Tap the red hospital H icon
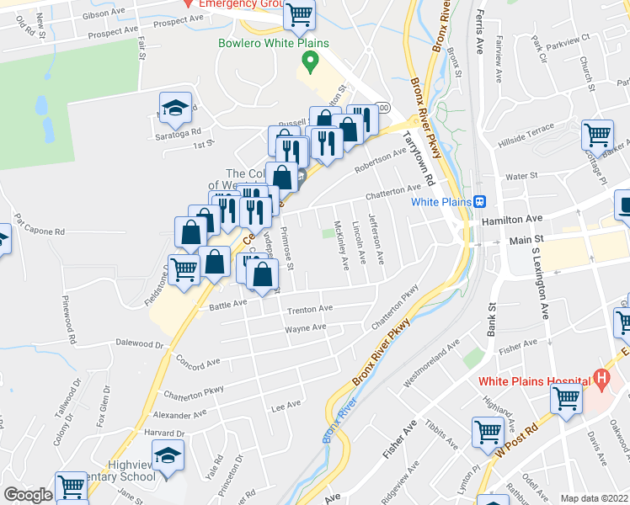click(601, 379)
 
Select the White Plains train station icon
click(480, 201)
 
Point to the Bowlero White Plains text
click(273, 43)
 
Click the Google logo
click(28, 495)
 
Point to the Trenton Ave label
click(310, 310)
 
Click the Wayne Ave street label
click(305, 328)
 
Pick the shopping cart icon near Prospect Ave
click(300, 13)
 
